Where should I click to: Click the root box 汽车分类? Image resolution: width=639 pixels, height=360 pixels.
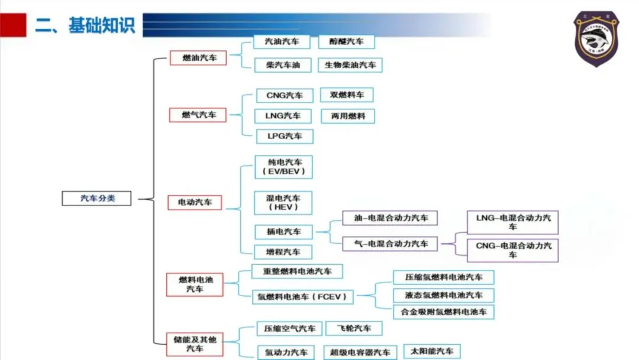(x=98, y=198)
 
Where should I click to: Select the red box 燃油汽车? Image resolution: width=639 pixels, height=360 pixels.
(x=198, y=57)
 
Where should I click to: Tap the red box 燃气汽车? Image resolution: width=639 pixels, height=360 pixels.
(x=198, y=115)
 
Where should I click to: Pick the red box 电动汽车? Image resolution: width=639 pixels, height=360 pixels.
(x=195, y=202)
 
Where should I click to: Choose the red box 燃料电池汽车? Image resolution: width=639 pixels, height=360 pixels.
(x=195, y=284)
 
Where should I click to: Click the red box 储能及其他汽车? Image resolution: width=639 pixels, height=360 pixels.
(x=195, y=343)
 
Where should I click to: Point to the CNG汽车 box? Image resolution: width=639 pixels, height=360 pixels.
(x=284, y=95)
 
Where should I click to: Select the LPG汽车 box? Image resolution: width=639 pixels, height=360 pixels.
(x=284, y=136)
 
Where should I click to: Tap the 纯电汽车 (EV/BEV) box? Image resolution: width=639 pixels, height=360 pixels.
(x=283, y=167)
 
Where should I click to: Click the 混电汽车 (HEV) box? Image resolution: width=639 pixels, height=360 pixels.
(x=283, y=202)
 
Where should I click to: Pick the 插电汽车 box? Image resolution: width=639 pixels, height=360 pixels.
(x=283, y=232)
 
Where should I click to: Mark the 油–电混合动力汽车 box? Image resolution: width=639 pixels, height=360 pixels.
(x=390, y=218)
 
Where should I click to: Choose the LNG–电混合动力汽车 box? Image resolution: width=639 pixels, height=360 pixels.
(x=512, y=222)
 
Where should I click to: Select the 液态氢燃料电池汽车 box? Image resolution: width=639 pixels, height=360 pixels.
(x=443, y=295)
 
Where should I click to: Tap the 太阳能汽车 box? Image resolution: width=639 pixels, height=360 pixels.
(x=432, y=351)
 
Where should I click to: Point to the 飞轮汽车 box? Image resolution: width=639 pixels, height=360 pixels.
(x=354, y=328)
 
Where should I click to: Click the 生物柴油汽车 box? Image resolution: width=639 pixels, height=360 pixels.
(x=350, y=65)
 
